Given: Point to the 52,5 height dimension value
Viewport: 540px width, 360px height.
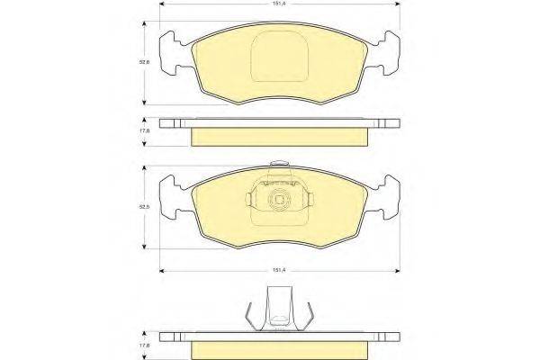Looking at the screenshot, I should [x=143, y=208].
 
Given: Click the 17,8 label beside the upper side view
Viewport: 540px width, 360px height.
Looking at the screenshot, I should [x=143, y=130].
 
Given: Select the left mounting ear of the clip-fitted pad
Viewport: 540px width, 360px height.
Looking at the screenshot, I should [x=170, y=198].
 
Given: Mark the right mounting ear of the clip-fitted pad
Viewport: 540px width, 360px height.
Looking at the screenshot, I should [x=390, y=198].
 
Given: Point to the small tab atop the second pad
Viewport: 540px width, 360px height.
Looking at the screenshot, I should [x=280, y=165].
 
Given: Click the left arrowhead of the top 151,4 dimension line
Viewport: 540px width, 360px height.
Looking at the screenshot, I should [x=163, y=7].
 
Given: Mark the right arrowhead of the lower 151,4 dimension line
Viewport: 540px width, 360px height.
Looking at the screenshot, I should [x=397, y=269].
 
